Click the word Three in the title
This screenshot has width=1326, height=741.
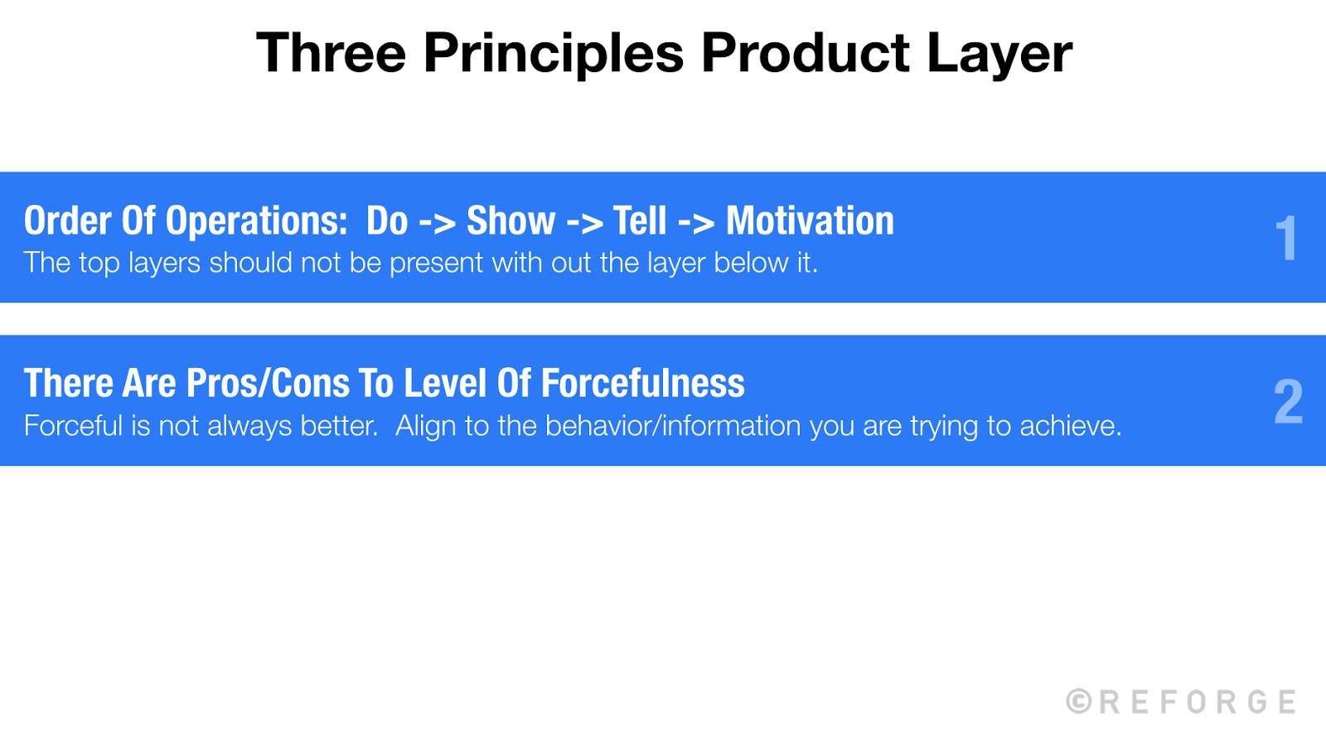(x=331, y=53)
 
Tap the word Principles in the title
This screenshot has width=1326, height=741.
(x=554, y=53)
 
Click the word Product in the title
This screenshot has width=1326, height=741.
(x=805, y=53)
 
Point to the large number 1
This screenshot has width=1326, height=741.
(x=1285, y=239)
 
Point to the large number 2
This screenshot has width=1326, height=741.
(x=1288, y=402)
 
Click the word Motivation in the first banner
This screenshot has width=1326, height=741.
(x=810, y=221)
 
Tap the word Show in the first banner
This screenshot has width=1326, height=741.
(x=511, y=221)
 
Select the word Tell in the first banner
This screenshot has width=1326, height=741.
(x=639, y=221)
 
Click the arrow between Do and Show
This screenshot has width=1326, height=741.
(x=437, y=223)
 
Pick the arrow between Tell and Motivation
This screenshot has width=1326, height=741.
(x=696, y=223)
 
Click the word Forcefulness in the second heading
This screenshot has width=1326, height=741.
(x=642, y=384)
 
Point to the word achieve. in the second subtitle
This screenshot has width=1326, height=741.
(x=1070, y=426)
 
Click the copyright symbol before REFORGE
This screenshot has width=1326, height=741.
(x=1079, y=701)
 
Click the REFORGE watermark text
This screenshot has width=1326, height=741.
(x=1198, y=702)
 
